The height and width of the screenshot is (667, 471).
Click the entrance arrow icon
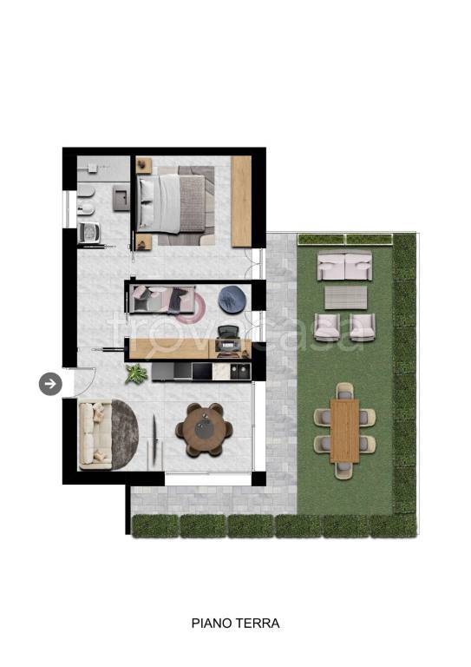tap(50, 384)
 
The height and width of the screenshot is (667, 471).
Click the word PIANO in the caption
tap(212, 624)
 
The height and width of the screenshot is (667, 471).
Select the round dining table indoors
tap(205, 430)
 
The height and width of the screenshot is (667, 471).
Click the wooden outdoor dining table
tap(344, 431)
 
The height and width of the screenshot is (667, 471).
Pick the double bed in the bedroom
tap(172, 205)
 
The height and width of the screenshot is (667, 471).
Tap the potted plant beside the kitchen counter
tap(136, 374)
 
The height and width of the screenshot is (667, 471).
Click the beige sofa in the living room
tap(95, 436)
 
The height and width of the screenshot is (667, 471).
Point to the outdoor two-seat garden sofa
tap(345, 265)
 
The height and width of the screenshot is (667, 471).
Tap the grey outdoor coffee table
tap(346, 297)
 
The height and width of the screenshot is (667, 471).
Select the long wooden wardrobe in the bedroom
tap(241, 201)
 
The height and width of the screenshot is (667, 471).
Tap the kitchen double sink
tap(240, 372)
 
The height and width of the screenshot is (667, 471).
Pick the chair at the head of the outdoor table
tap(344, 391)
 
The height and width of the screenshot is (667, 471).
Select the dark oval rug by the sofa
tap(124, 435)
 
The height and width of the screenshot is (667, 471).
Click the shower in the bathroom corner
tap(103, 169)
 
